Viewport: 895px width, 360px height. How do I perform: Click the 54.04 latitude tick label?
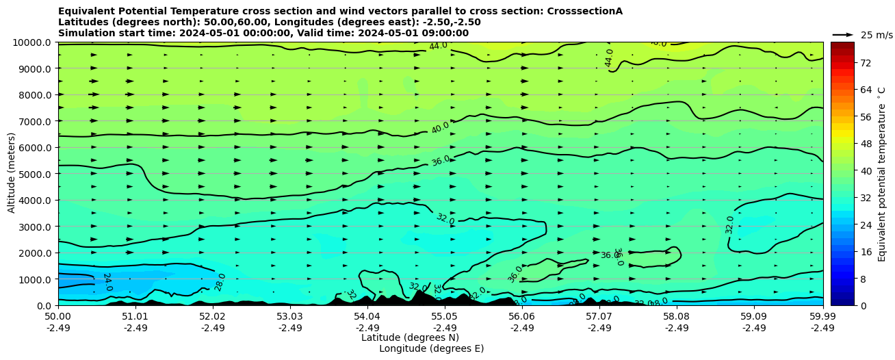[367, 317]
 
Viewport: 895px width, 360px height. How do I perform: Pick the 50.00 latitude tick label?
[58, 317]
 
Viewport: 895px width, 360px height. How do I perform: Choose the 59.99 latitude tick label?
[822, 317]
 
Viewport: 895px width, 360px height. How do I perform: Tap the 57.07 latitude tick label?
[599, 317]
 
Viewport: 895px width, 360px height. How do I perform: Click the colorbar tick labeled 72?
[865, 63]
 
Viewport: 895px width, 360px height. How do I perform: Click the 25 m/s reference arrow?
[843, 34]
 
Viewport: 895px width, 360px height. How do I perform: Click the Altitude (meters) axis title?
[12, 174]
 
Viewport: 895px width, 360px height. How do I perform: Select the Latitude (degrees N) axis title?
[410, 337]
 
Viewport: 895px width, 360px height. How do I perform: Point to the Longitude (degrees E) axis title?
[431, 348]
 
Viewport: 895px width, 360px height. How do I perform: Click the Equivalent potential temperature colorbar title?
[882, 174]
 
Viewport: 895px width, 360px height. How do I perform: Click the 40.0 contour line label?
[440, 127]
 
